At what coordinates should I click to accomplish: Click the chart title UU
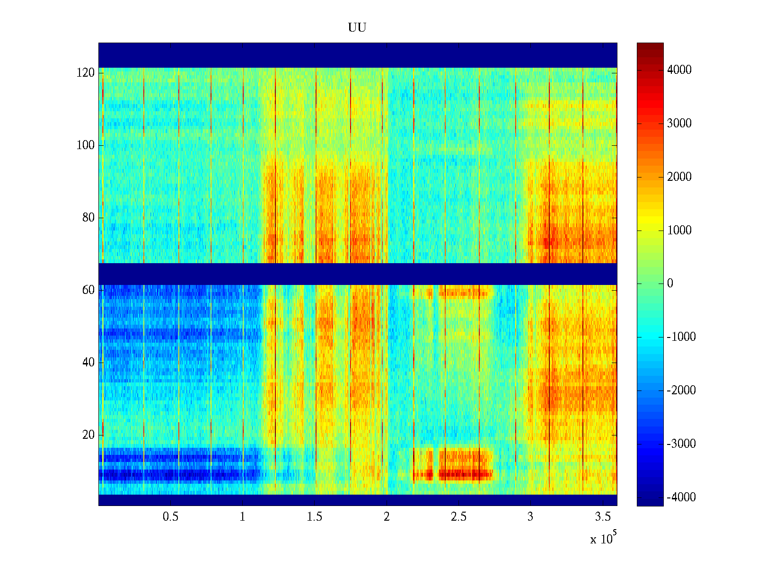357,28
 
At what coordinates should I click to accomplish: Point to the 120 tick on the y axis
86,73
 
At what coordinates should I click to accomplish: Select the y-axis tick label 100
86,145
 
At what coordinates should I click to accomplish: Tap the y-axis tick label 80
88,218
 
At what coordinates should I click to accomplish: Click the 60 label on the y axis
88,290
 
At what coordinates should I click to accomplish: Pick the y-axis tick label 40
88,363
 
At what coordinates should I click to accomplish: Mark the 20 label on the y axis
88,435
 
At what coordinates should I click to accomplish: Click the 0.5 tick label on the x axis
171,517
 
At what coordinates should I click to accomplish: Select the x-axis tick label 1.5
315,517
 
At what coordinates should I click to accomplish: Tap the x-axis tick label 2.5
458,517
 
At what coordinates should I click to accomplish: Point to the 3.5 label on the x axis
603,517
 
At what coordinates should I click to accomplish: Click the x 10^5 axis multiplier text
602,539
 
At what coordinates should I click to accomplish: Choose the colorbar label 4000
679,70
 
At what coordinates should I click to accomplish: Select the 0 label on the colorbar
670,284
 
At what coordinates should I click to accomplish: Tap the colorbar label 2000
679,177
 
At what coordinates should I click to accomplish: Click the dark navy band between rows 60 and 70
358,274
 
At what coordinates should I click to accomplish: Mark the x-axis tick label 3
530,517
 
